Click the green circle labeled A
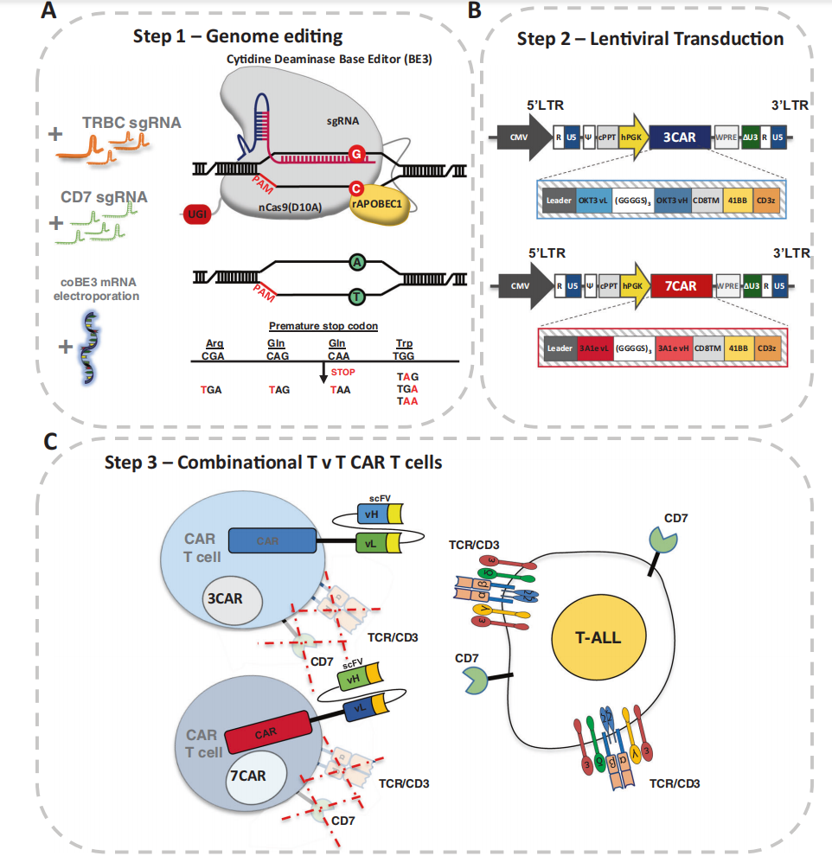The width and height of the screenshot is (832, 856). tap(355, 261)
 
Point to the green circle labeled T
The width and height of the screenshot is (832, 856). tap(355, 297)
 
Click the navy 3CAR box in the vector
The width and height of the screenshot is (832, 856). tap(680, 136)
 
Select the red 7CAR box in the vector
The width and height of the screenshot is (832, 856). tap(680, 282)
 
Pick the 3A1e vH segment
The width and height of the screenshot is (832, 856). tap(671, 348)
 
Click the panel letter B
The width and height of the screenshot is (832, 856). tap(474, 10)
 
